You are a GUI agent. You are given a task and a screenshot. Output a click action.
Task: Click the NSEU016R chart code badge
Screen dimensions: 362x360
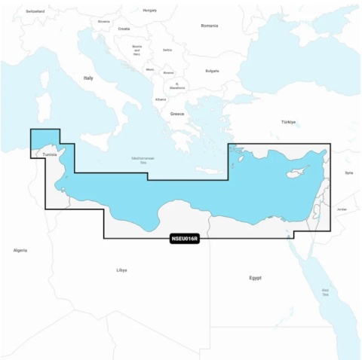[185, 239]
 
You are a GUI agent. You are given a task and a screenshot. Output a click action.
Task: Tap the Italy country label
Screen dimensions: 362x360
[88, 78]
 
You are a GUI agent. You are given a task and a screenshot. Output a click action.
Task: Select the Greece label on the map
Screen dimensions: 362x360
[177, 114]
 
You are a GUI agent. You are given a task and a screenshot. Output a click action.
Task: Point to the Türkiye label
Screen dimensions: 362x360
[288, 122]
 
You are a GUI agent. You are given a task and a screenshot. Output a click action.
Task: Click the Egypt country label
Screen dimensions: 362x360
[255, 278]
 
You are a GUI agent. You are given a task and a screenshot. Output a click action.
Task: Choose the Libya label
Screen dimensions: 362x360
[121, 270]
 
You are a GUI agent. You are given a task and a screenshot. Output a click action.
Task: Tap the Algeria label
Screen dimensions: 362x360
[20, 249]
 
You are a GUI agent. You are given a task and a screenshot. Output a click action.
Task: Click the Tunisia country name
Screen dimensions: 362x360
[49, 155]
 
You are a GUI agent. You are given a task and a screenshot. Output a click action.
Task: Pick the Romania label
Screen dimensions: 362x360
[209, 26]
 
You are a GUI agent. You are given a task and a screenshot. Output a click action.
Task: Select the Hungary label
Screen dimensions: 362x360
[149, 11]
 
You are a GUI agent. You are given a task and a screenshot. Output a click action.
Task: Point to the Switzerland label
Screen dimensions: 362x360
[35, 12]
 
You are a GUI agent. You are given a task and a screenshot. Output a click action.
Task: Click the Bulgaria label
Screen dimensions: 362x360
[212, 71]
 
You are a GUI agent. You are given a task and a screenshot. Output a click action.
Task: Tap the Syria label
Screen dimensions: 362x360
[348, 172]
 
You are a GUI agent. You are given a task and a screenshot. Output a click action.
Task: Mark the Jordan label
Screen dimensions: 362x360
[342, 208]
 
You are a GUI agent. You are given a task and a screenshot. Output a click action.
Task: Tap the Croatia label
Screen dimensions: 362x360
[124, 29]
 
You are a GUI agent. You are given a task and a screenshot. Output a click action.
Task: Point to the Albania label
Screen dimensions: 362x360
[161, 99]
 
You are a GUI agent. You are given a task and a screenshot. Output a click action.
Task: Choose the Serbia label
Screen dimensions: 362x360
[167, 50]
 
